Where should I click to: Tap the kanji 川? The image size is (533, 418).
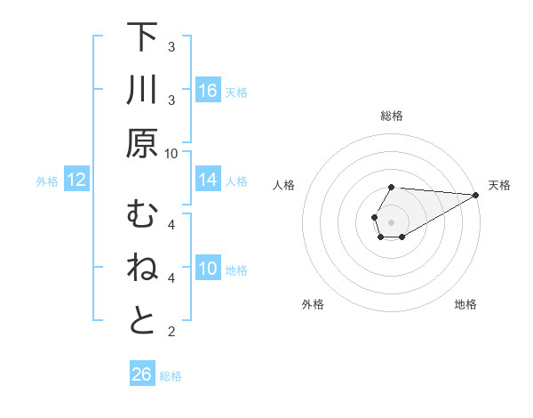[x=142, y=91]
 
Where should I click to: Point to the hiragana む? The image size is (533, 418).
[x=142, y=215]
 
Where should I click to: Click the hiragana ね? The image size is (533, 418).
[x=142, y=269]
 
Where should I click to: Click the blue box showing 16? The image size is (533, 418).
[x=208, y=91]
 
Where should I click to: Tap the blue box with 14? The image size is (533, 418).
[x=208, y=180]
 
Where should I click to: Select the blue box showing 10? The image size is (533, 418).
[x=208, y=269]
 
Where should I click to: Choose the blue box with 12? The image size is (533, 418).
[x=76, y=181]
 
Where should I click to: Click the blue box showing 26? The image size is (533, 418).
[x=142, y=374]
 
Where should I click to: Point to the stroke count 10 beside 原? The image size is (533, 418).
[x=171, y=153]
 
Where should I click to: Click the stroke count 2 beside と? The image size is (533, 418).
[x=171, y=333]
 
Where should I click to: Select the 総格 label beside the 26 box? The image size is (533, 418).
[x=171, y=376]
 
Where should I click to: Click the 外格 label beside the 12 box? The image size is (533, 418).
[x=47, y=181]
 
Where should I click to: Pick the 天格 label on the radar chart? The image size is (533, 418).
[x=500, y=185]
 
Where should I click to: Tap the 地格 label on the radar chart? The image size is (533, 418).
[x=465, y=304]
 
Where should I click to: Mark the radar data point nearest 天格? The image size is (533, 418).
[x=477, y=195]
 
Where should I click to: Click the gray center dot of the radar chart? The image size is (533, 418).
[x=391, y=221]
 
